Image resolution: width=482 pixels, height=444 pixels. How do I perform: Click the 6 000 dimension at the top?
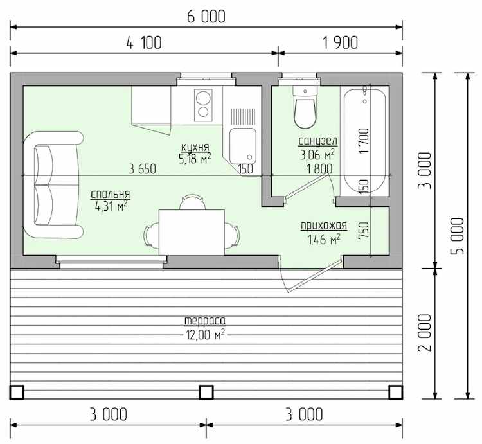pos(206,17)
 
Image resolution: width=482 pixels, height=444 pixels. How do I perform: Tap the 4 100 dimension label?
pos(144,42)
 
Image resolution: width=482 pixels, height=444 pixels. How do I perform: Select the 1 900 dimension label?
pos(340,42)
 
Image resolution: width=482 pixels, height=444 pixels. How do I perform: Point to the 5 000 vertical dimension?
pos(458,236)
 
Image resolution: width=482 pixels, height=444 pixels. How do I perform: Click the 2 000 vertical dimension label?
pos(425,333)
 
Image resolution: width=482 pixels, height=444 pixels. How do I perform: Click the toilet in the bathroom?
pos(305,107)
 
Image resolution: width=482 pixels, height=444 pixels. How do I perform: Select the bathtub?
pos(364,141)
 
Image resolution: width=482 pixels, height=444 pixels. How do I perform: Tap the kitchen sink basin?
pos(243,147)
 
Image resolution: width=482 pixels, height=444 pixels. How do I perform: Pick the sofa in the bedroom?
pos(53,185)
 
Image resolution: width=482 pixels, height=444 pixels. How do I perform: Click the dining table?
pos(192,233)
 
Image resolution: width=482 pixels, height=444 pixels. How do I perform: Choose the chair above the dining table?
pos(192,202)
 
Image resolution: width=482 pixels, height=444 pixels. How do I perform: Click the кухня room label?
pos(195,147)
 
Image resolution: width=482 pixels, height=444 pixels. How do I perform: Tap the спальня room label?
pos(111,194)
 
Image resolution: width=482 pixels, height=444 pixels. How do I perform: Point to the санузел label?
pos(318,141)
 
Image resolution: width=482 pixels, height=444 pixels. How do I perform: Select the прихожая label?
pos(324,226)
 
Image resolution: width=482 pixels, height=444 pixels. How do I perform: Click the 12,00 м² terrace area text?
pos(205,335)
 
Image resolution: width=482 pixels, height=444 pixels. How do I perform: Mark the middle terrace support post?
pos(206,393)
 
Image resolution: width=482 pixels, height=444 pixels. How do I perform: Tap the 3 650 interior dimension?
pos(142,169)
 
